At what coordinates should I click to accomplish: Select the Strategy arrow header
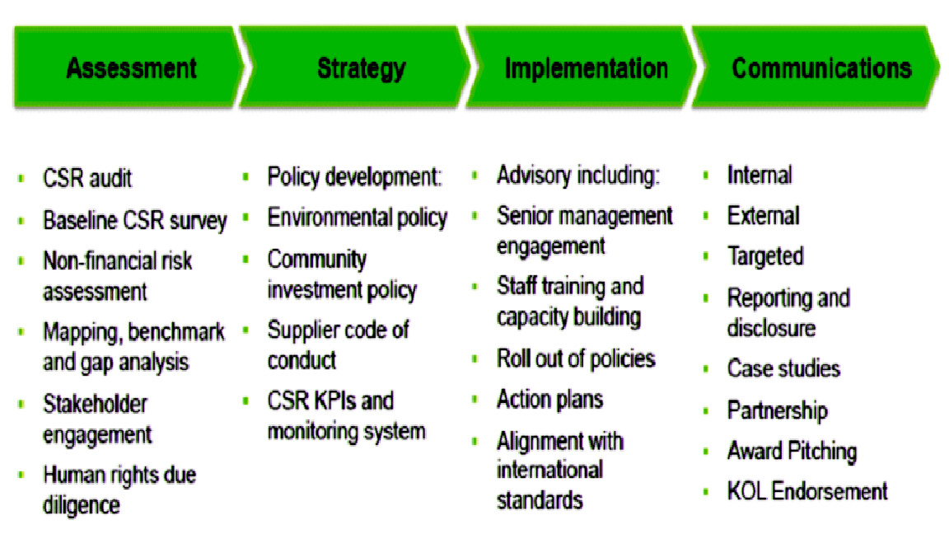pyautogui.click(x=355, y=68)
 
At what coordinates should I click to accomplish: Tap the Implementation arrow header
pyautogui.click(x=581, y=68)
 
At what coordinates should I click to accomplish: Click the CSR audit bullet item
pyautogui.click(x=87, y=179)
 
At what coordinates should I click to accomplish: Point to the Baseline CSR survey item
pyautogui.click(x=135, y=220)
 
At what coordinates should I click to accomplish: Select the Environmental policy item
pyautogui.click(x=358, y=218)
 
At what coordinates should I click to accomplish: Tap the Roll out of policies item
pyautogui.click(x=576, y=358)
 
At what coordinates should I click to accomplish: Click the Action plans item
pyautogui.click(x=550, y=400)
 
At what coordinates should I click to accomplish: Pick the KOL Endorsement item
pyautogui.click(x=807, y=491)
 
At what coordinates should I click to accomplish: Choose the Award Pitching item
pyautogui.click(x=792, y=451)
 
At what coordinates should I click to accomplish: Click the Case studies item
pyautogui.click(x=783, y=368)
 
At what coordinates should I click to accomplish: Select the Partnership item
pyautogui.click(x=778, y=410)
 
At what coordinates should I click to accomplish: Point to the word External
pyautogui.click(x=763, y=216)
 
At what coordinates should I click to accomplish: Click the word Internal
pyautogui.click(x=760, y=175)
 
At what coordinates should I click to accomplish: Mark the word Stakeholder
pyautogui.click(x=95, y=404)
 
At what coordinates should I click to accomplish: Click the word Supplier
pyautogui.click(x=306, y=330)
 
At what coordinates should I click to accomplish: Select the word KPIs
pyautogui.click(x=336, y=400)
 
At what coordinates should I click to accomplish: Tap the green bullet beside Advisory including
pyautogui.click(x=474, y=176)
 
